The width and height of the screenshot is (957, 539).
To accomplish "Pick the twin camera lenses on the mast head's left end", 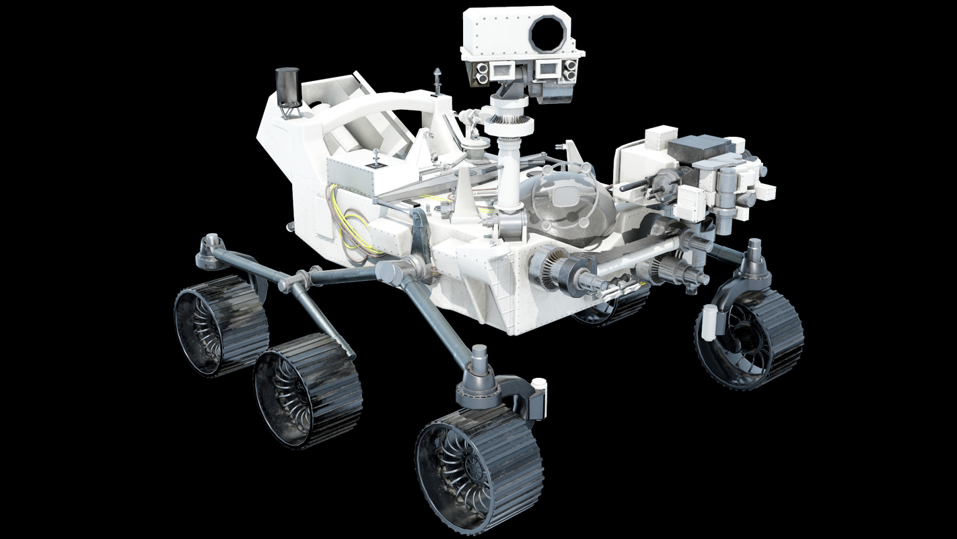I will (x=483, y=73).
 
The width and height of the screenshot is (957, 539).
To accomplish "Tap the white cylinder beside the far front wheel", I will (x=709, y=321).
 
